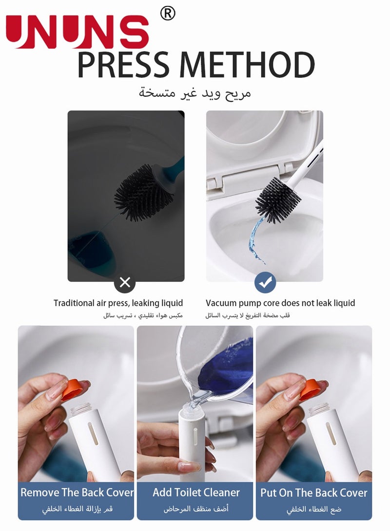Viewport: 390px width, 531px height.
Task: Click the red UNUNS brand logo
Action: coord(77,32)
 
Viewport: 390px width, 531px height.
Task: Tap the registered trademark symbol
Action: coord(167,14)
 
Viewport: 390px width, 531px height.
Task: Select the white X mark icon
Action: coord(125,282)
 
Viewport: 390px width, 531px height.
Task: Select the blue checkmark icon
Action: coord(265,282)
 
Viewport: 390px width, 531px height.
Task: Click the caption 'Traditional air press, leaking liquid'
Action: coord(118,303)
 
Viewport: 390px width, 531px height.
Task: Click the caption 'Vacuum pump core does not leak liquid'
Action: coord(280,303)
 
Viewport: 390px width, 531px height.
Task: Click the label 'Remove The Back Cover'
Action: coord(77,492)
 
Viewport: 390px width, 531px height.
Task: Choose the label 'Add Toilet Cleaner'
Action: coord(196,492)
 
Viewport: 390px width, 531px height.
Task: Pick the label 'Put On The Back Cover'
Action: coord(313,492)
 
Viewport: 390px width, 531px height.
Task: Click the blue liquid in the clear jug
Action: coord(227,370)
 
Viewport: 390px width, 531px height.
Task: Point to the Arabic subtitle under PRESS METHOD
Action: coord(195,92)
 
